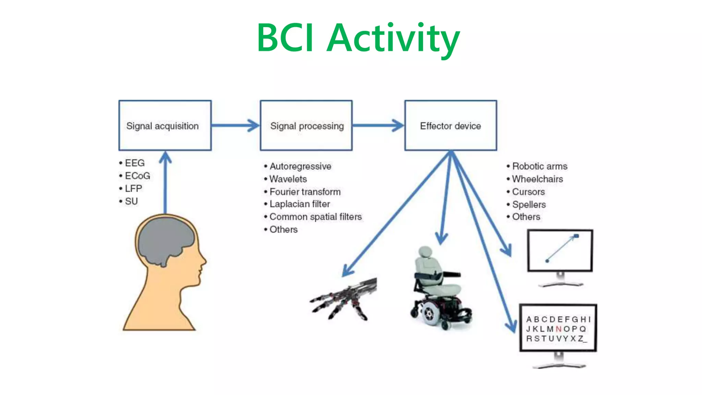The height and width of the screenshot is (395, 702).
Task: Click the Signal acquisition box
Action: click(x=165, y=125)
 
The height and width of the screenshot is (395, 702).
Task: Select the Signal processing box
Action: click(x=306, y=125)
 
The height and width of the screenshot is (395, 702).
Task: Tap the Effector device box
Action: click(x=450, y=125)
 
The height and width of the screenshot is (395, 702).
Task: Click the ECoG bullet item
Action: click(x=137, y=176)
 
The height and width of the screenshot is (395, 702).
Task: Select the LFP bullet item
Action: click(x=133, y=189)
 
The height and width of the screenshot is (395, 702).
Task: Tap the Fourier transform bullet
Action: click(x=305, y=192)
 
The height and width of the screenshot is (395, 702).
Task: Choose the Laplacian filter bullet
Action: click(x=299, y=204)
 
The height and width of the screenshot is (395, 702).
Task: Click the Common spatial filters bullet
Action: click(x=315, y=217)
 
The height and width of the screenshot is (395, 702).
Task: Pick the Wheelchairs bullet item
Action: click(x=537, y=179)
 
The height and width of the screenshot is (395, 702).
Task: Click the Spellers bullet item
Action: click(x=529, y=204)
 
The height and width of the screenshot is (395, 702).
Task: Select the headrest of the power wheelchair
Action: click(x=426, y=251)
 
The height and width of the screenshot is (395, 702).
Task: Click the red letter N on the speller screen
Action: click(x=558, y=329)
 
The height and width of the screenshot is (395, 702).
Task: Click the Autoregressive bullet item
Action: click(x=300, y=166)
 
